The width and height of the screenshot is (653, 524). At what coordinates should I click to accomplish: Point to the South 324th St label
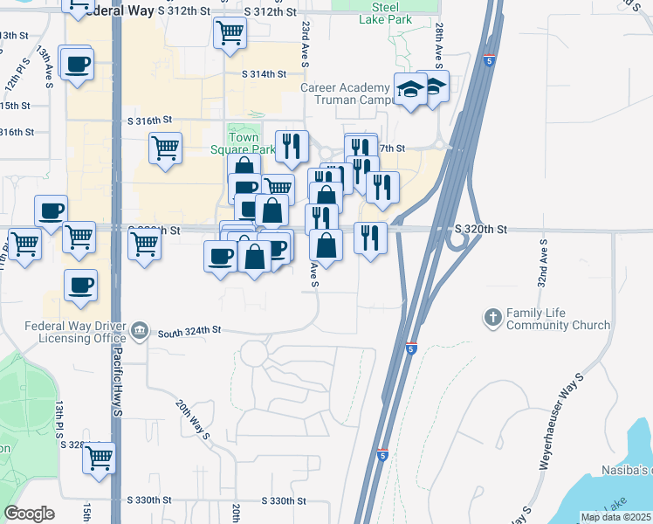tap(190, 332)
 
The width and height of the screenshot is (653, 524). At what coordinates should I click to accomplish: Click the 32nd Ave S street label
tap(542, 262)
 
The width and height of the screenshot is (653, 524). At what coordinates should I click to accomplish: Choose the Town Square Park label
tap(251, 142)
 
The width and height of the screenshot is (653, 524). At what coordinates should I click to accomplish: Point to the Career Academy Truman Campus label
tap(346, 94)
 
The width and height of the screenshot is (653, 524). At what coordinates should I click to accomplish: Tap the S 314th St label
tap(265, 74)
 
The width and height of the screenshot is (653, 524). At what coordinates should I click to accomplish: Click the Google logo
tap(29, 514)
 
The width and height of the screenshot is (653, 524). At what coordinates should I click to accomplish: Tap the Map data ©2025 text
tap(615, 517)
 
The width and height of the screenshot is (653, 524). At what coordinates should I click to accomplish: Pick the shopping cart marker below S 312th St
tap(230, 32)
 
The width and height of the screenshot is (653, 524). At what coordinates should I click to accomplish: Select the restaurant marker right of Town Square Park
tap(292, 144)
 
